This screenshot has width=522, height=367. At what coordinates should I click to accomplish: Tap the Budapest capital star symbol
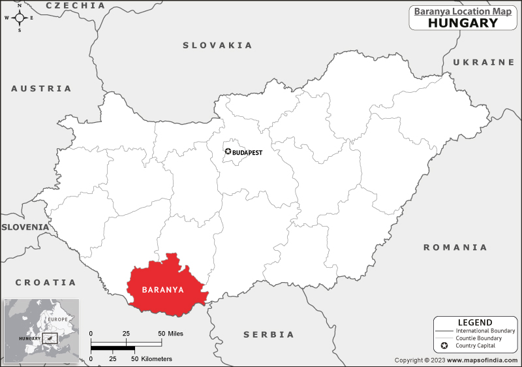click(228, 152)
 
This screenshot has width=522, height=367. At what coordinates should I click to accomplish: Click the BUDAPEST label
click(248, 152)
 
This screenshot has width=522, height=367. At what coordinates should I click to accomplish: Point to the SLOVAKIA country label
click(217, 45)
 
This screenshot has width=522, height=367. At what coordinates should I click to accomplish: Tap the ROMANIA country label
click(455, 247)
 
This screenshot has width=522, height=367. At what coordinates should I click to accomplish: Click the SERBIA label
click(269, 334)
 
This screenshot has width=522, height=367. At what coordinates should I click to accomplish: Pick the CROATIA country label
click(46, 283)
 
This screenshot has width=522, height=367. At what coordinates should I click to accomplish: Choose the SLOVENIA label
click(25, 227)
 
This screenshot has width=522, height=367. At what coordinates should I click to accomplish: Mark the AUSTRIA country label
click(41, 88)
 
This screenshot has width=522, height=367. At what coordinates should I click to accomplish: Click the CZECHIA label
click(76, 5)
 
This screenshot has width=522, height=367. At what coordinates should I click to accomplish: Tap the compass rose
click(20, 18)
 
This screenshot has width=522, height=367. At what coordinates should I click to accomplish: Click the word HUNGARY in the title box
click(463, 23)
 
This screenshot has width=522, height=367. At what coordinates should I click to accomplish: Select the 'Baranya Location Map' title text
click(463, 10)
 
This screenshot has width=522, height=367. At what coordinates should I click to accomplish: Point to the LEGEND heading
click(475, 323)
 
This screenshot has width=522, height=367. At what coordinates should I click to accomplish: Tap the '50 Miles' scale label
click(170, 334)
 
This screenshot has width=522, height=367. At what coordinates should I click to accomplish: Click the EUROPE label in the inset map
click(57, 319)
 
